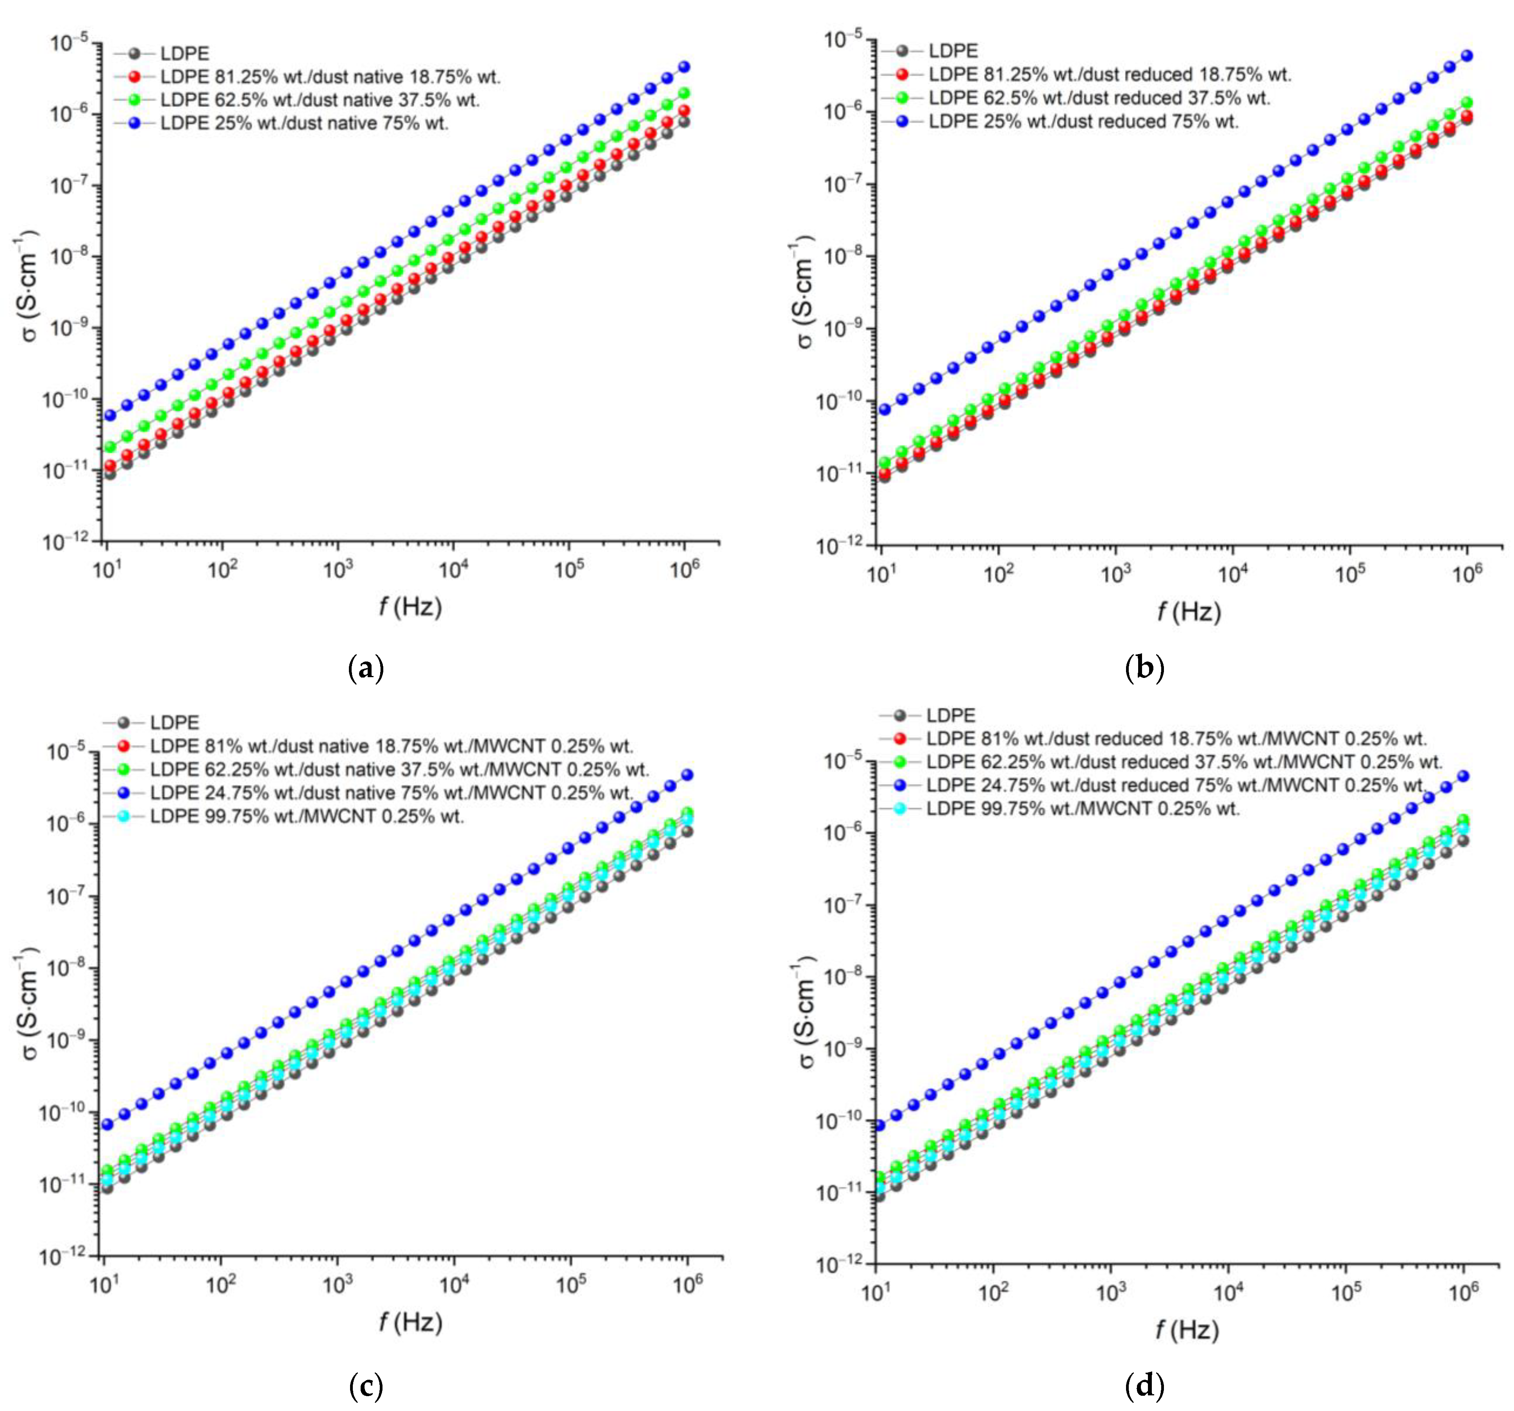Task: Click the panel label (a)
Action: click(x=366, y=668)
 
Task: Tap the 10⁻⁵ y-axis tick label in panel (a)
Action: click(x=70, y=43)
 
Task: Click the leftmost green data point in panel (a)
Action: click(x=110, y=446)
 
